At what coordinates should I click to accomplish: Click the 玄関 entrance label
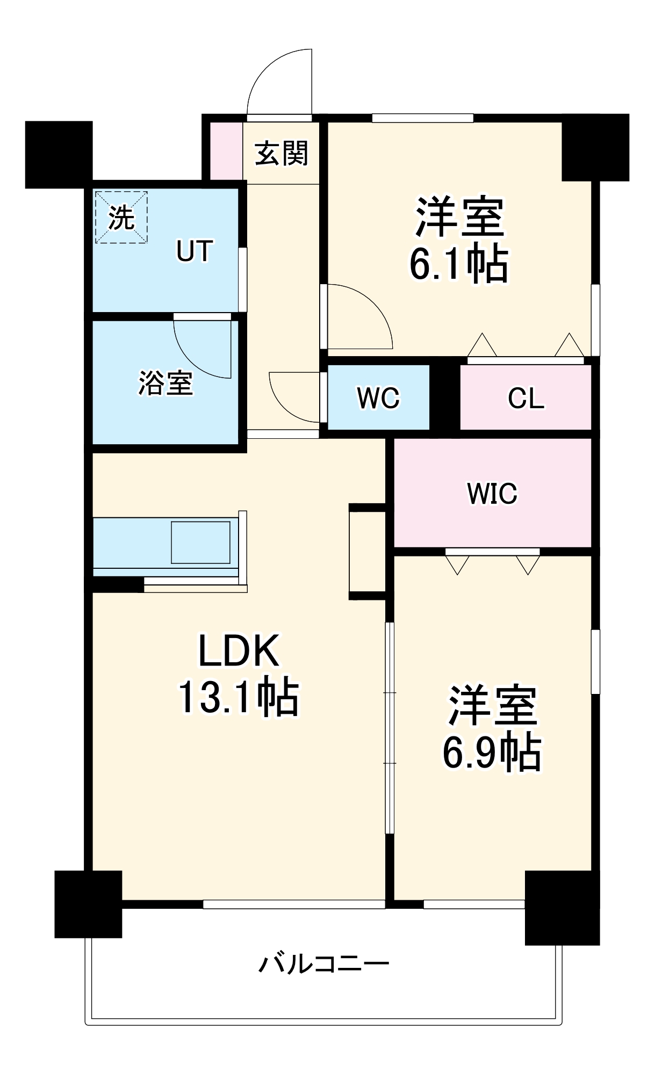[x=281, y=154]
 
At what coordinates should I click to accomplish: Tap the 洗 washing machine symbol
[x=121, y=217]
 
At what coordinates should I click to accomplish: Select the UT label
[x=195, y=251]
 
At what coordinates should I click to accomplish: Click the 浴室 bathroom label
[x=165, y=383]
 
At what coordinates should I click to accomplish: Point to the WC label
[x=378, y=398]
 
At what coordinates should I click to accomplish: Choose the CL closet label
[x=526, y=399]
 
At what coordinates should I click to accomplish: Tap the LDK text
[x=239, y=651]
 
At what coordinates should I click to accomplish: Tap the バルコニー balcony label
[x=323, y=964]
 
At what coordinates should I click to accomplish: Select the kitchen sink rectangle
[x=200, y=542]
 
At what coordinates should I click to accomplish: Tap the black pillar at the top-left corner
[x=59, y=154]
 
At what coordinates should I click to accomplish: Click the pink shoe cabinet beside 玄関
[x=226, y=151]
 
